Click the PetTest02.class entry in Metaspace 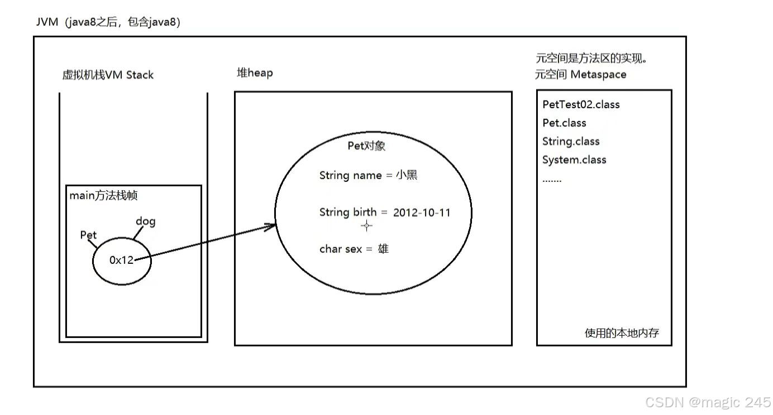click(581, 104)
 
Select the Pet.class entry click(564, 123)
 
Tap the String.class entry click(570, 141)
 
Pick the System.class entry click(574, 160)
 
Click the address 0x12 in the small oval click(122, 260)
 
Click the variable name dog click(145, 221)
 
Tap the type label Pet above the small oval click(88, 235)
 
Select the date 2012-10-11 click(422, 213)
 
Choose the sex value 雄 click(383, 249)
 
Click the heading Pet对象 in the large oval click(366, 146)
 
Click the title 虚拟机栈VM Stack click(108, 75)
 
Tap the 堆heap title click(255, 73)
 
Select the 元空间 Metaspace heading click(580, 74)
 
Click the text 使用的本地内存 click(622, 333)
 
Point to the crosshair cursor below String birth click(366, 226)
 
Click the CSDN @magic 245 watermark click(708, 402)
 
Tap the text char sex click(341, 249)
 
